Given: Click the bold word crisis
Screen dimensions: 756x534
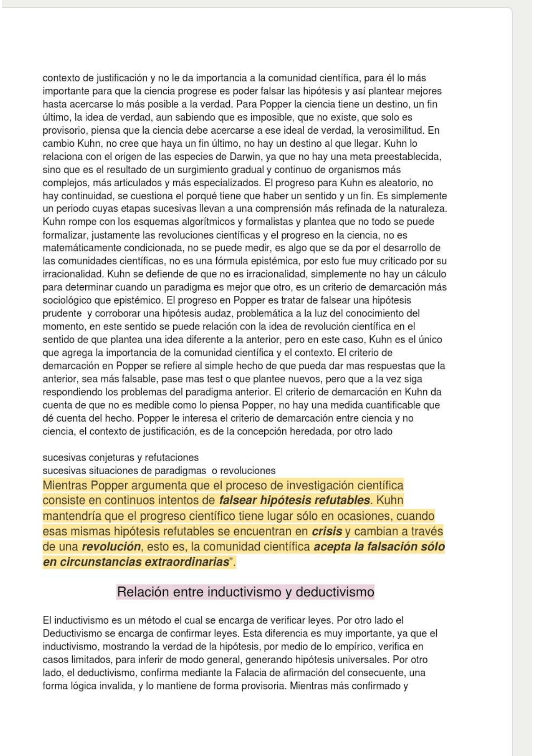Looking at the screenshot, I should pyautogui.click(x=327, y=532).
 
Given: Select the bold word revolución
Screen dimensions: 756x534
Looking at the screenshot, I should pyautogui.click(x=111, y=547).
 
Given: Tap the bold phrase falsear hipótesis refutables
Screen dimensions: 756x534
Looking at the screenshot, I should pyautogui.click(x=295, y=500).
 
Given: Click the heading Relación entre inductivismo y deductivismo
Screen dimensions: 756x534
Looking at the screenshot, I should pyautogui.click(x=245, y=592).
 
